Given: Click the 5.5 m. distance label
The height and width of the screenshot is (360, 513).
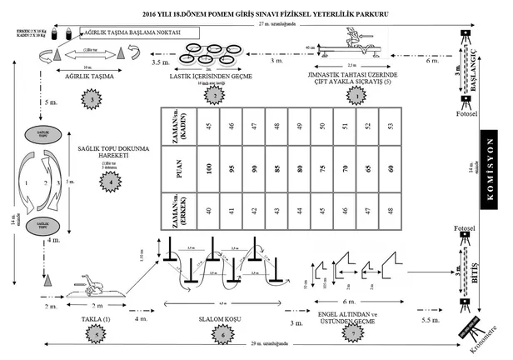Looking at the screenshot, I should click(431, 320).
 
